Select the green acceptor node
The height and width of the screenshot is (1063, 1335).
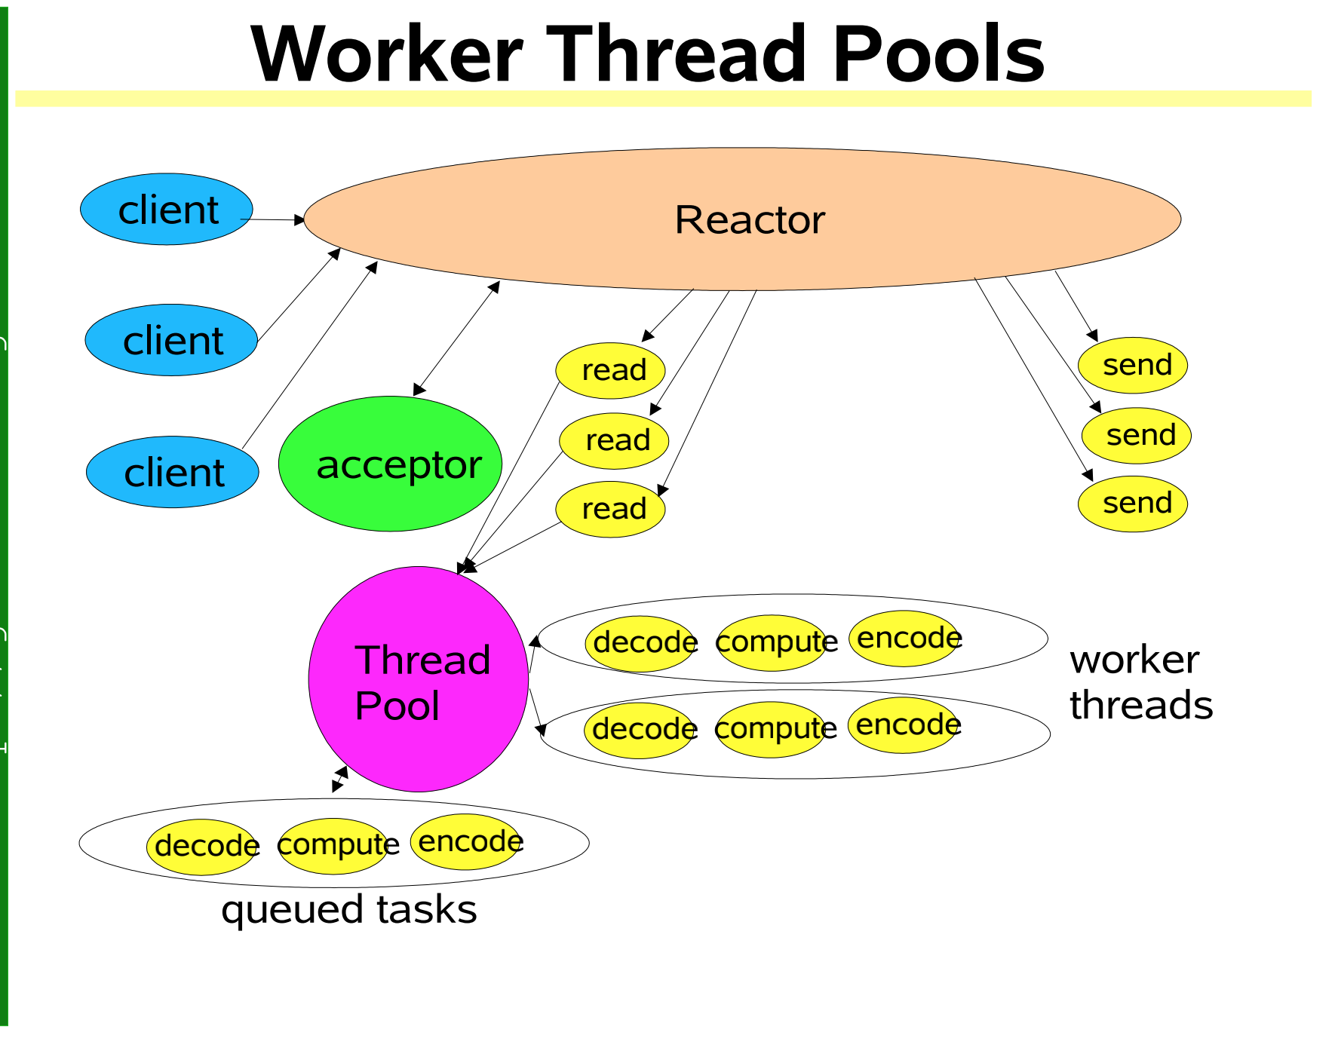(x=390, y=464)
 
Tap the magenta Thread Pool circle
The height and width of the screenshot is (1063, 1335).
(x=419, y=679)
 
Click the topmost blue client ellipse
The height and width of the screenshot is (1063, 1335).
(x=167, y=209)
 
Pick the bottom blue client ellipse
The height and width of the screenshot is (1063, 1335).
(x=173, y=472)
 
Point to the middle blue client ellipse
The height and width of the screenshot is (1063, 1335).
(x=171, y=340)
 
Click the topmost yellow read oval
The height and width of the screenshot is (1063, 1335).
(x=610, y=370)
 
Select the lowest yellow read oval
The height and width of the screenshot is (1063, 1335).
(x=610, y=509)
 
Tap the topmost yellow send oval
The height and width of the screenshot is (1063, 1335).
(x=1133, y=365)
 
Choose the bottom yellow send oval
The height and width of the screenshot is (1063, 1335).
(x=1133, y=504)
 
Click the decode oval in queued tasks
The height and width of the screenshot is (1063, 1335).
(x=202, y=847)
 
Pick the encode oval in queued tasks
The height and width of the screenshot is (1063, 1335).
(x=466, y=842)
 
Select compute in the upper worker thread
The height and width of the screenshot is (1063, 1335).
(x=772, y=642)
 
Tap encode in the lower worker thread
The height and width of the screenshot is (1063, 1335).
(x=904, y=725)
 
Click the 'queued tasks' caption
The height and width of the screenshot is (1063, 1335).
(x=348, y=909)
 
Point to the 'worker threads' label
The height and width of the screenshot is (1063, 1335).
(x=1140, y=682)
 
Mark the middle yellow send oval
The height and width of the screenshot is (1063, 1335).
(x=1137, y=435)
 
